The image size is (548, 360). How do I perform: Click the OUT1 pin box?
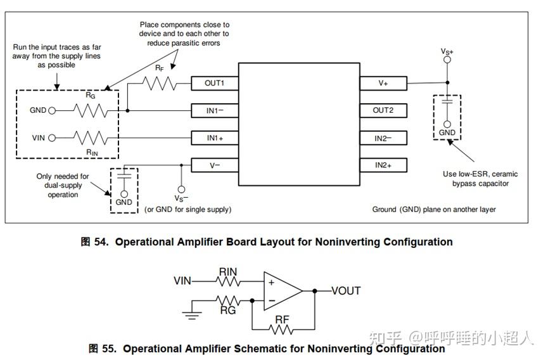pos(215,83)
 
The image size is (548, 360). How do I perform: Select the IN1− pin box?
pos(215,111)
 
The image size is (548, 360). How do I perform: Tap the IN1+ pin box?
pos(215,138)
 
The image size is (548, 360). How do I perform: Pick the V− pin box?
pos(215,165)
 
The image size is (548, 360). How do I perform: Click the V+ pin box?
pos(383,83)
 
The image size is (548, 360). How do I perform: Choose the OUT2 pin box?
pos(383,110)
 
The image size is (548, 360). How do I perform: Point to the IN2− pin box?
pos(383,138)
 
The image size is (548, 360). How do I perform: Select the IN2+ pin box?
pos(383,165)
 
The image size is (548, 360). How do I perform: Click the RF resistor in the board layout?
pos(160,84)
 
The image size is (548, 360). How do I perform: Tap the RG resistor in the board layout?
pos(91,111)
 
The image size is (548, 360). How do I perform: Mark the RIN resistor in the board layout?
pos(91,138)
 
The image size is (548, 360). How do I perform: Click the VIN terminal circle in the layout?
pos(52,138)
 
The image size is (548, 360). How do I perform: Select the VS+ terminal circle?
pos(447,60)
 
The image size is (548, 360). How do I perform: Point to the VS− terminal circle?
pos(181,190)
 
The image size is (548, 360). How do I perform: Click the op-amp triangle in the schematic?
pos(283,291)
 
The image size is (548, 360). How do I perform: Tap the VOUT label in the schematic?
pos(346,291)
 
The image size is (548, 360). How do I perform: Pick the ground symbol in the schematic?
pos(192,314)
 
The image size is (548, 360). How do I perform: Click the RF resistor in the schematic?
pos(281,330)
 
